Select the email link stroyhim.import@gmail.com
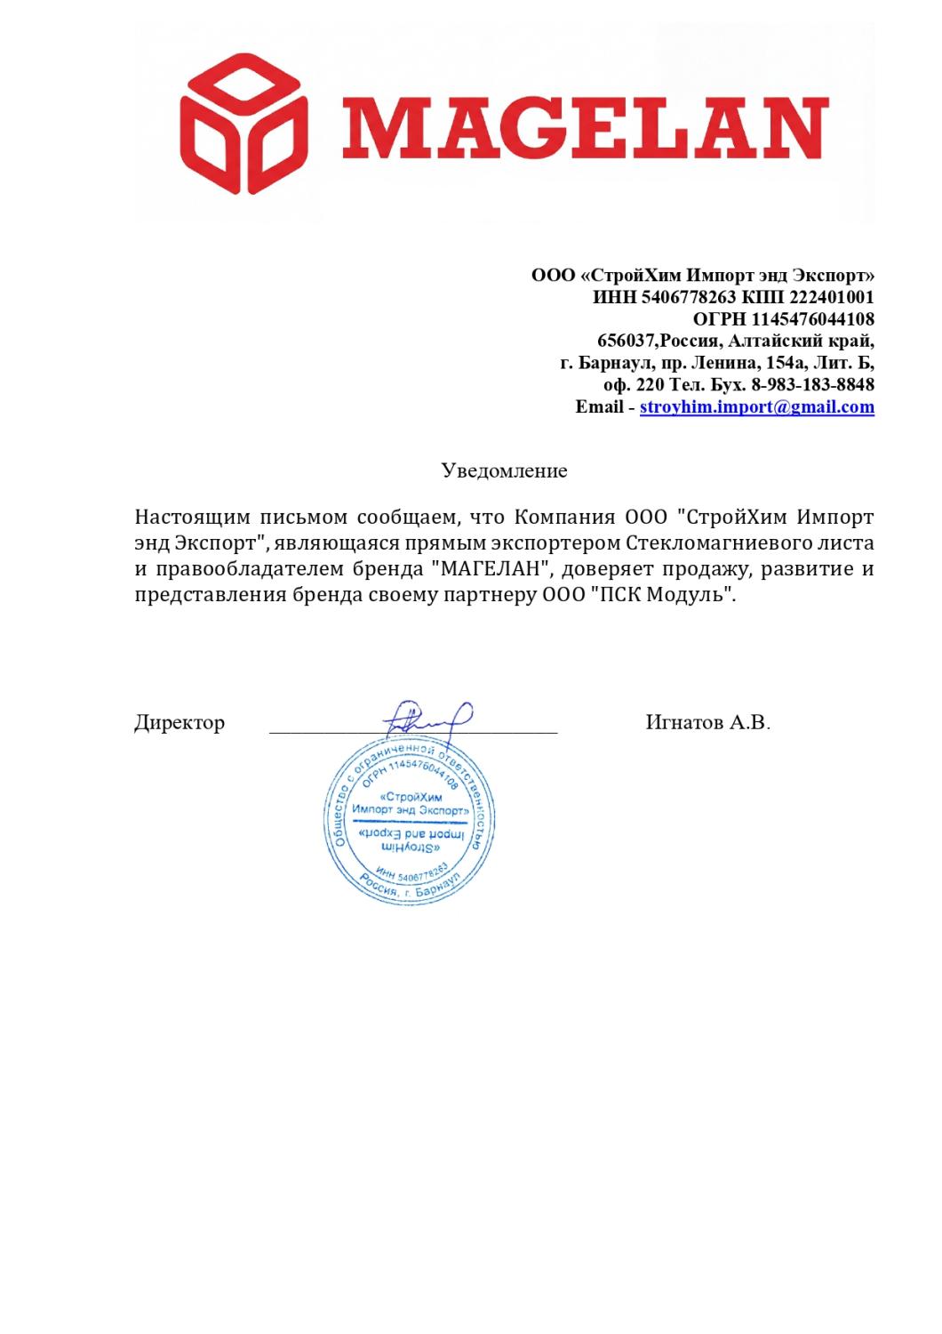(756, 407)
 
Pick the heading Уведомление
(504, 470)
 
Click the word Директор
(180, 723)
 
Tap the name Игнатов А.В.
(708, 723)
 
